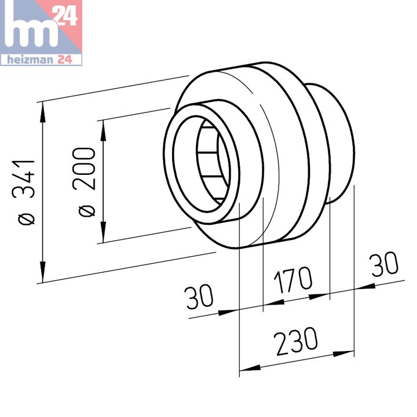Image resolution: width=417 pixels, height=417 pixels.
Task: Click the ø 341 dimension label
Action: [x=23, y=192]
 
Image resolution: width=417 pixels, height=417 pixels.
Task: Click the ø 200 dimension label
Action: [x=83, y=182]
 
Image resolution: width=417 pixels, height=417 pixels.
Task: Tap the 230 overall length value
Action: [x=296, y=341]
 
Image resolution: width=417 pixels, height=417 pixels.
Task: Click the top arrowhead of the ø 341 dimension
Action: [x=42, y=112]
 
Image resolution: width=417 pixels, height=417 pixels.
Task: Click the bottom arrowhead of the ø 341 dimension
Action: [x=42, y=272]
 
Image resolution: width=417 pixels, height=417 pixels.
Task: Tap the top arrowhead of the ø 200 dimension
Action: [x=103, y=130]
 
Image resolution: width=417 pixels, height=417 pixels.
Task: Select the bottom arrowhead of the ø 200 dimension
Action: [x=103, y=232]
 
